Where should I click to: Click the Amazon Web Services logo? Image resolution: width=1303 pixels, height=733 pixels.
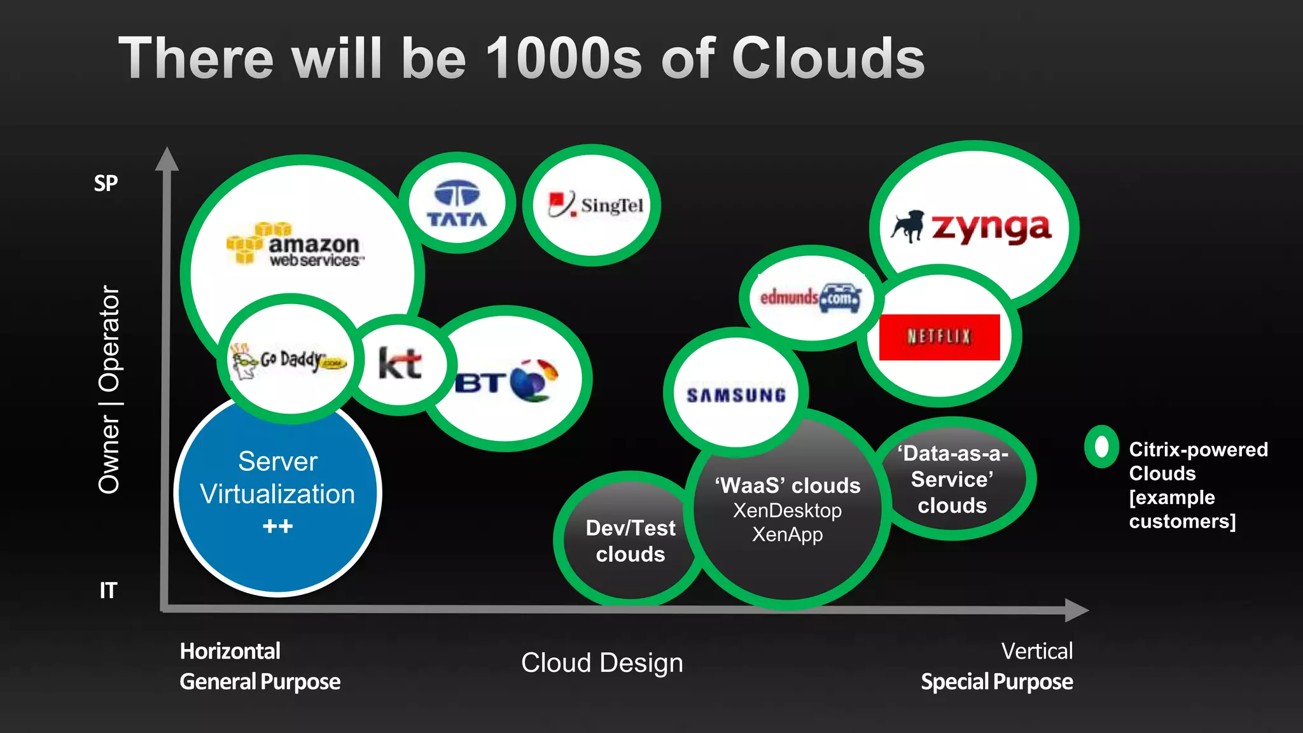click(296, 245)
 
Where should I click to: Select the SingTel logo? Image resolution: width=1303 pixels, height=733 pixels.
click(596, 205)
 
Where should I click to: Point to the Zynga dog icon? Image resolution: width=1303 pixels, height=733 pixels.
click(908, 226)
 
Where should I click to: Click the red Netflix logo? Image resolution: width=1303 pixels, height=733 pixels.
click(939, 337)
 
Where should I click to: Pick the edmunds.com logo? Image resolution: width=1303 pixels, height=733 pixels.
click(810, 297)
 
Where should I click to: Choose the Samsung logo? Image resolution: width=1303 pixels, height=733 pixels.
click(736, 395)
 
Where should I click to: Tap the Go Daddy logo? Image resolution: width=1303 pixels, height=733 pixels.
click(289, 361)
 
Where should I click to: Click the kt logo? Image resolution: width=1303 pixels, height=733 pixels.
click(400, 363)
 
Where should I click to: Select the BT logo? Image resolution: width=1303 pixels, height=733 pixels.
click(506, 380)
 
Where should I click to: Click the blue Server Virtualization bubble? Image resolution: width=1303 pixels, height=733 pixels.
click(277, 494)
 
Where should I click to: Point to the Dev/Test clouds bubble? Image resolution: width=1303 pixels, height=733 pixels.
click(630, 541)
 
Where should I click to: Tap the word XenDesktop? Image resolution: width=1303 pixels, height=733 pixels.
click(787, 510)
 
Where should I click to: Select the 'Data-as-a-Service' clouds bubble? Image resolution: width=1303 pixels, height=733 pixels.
click(952, 479)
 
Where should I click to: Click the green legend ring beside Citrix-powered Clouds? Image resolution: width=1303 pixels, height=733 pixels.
click(1101, 447)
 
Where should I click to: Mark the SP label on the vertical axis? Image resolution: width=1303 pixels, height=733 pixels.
click(106, 183)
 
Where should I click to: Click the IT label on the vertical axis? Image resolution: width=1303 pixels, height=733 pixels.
click(108, 590)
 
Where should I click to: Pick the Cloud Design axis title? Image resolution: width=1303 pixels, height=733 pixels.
click(602, 663)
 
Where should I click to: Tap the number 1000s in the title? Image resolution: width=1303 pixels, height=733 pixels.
click(564, 59)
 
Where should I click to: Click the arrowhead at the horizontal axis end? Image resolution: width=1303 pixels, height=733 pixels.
click(1077, 610)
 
